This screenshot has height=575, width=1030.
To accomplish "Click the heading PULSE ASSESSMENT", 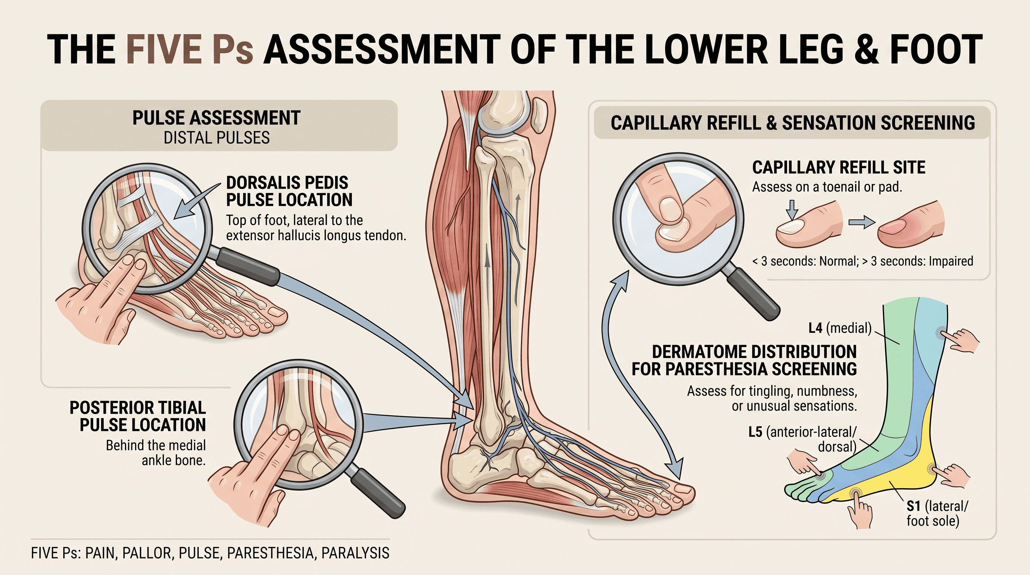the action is tap(216, 118).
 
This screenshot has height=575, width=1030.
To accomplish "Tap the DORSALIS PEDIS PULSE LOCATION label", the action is tap(289, 191).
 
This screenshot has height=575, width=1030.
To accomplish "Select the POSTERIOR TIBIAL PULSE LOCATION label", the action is tap(138, 416).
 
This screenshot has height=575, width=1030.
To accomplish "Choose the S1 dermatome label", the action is tap(937, 514).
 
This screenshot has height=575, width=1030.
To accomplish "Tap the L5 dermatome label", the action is tap(803, 439).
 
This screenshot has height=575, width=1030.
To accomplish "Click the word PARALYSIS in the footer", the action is tap(355, 553).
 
